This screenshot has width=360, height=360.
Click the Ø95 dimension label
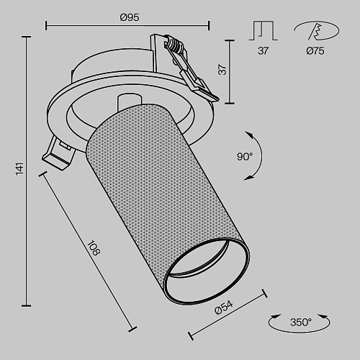pyautogui.click(x=130, y=17)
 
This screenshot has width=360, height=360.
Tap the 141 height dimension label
pyautogui.click(x=20, y=168)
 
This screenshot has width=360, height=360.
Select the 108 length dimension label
pyautogui.click(x=94, y=248)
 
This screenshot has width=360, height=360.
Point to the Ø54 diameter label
pyautogui.click(x=224, y=308)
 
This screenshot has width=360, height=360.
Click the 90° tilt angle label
pyautogui.click(x=245, y=157)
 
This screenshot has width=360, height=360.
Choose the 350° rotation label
pyautogui.click(x=301, y=322)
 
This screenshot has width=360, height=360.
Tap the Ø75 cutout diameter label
pyautogui.click(x=315, y=51)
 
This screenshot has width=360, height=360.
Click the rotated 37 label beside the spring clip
pyautogui.click(x=222, y=70)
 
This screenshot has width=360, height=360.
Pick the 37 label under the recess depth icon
pyautogui.click(x=263, y=51)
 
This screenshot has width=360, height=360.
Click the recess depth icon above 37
pyautogui.click(x=264, y=30)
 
